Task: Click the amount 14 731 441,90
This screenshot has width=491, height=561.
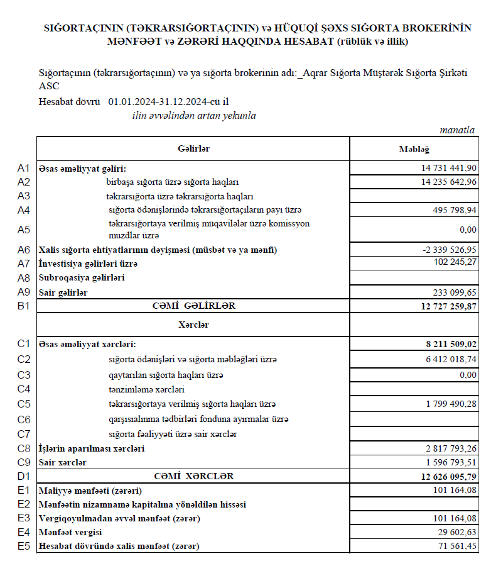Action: [449, 169]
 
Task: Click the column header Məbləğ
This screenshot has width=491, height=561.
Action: [413, 149]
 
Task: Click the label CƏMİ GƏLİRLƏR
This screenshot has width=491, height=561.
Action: [193, 306]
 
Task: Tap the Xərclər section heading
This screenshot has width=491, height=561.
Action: [193, 325]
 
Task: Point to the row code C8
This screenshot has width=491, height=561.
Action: [24, 448]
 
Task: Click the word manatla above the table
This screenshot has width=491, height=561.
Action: [457, 130]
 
